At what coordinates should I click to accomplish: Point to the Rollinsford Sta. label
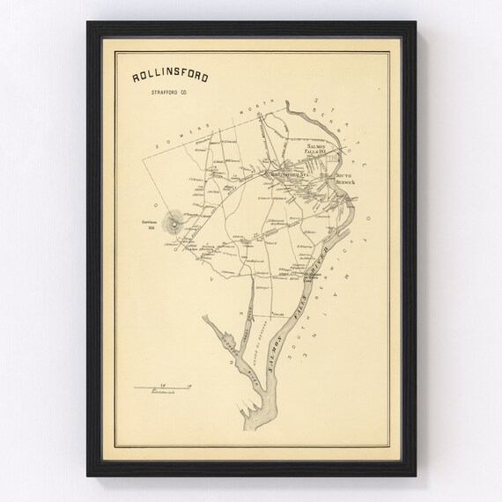pos(289,175)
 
